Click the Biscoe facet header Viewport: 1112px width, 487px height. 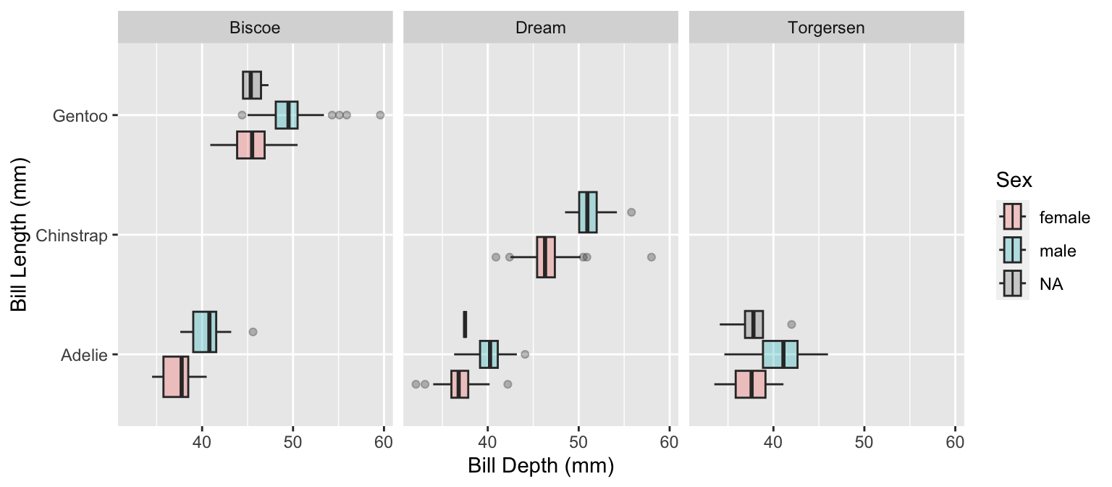click(255, 28)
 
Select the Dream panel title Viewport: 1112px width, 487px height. click(540, 28)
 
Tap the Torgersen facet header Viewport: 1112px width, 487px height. click(826, 28)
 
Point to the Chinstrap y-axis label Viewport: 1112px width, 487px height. click(71, 236)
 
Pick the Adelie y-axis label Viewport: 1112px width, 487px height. click(84, 355)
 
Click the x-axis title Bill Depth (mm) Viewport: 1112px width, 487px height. click(541, 466)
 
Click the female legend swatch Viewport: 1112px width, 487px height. click(1011, 217)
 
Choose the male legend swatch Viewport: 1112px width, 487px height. click(1011, 251)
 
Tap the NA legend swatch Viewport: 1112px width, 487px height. click(1011, 284)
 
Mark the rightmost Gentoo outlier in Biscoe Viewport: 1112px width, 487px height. click(380, 115)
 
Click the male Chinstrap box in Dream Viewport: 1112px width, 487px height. click(588, 212)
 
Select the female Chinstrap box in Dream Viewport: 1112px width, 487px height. click(546, 257)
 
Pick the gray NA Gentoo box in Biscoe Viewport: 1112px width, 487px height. click(251, 86)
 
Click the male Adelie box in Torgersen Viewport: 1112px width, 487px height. click(780, 354)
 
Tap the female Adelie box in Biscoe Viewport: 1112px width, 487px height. click(176, 377)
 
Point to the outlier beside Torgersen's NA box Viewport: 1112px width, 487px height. click(791, 324)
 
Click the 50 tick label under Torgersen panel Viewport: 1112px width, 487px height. click(864, 441)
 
